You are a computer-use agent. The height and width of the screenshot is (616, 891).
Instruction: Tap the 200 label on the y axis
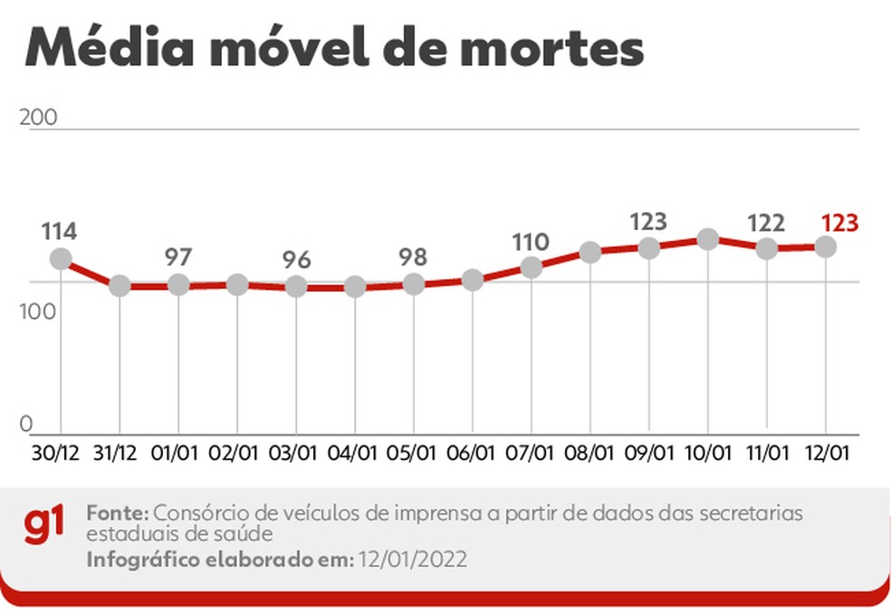coord(38,118)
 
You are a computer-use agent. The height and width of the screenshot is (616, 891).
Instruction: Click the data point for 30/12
coord(61,259)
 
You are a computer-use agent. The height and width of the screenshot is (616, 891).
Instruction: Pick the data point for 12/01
coord(826,246)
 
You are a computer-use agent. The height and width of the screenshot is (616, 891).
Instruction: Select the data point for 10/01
coord(708,239)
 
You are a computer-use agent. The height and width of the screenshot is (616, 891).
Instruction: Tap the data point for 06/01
coord(473,279)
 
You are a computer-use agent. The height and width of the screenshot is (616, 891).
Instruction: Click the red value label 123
coord(838,223)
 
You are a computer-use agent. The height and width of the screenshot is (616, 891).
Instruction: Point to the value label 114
coord(59,231)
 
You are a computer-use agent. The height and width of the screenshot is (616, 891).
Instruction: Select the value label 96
coord(296,260)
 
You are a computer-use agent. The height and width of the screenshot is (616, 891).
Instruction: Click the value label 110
coord(531,242)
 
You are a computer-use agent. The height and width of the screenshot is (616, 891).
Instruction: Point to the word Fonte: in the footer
coord(117,513)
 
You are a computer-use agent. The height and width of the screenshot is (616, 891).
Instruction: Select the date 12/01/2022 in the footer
coord(412,560)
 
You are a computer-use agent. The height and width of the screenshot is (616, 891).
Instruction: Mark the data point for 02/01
coord(237,284)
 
